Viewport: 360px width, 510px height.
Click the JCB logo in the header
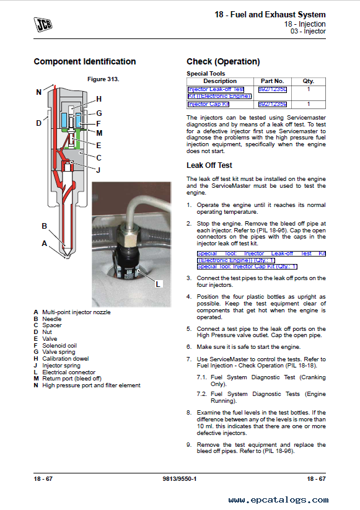(43, 24)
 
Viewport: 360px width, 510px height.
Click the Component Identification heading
(84, 61)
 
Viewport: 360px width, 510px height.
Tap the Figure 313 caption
(103, 79)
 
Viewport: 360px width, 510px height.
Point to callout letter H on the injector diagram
(99, 99)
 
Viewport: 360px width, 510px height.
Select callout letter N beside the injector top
(38, 92)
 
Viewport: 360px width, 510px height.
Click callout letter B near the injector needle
(44, 226)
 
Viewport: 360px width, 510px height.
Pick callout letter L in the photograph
(158, 284)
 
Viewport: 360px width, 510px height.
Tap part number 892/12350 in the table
(273, 89)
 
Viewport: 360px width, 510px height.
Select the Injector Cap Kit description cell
(208, 104)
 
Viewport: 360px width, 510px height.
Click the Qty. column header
(309, 81)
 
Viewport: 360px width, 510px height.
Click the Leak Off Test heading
(209, 165)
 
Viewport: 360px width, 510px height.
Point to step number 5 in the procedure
(189, 329)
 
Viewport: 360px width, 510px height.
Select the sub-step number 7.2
(201, 394)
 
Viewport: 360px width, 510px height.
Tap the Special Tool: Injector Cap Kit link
(247, 266)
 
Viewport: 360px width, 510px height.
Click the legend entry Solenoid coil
(59, 345)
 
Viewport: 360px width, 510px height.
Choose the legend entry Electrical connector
(69, 372)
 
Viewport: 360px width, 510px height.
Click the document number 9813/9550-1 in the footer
(180, 479)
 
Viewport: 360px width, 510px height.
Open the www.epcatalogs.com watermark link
(278, 500)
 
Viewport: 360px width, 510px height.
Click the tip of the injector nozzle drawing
(68, 258)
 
